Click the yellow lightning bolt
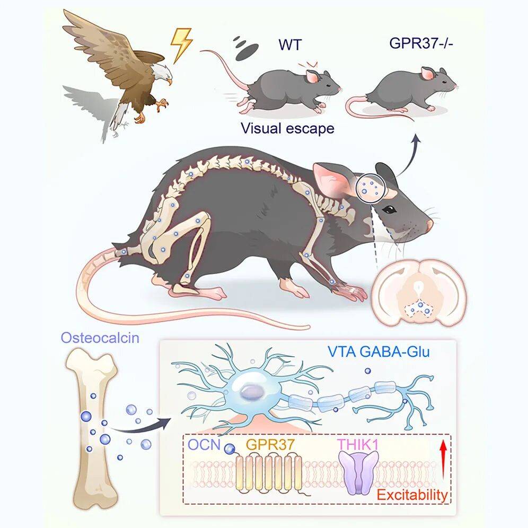[181, 45]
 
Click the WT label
[290, 45]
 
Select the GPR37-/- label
[421, 43]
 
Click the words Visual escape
[287, 128]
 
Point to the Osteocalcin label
[100, 337]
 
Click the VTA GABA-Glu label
[379, 351]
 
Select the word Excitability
[412, 495]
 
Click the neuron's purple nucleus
[252, 392]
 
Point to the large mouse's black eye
[389, 209]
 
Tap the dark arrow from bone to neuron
[141, 426]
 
